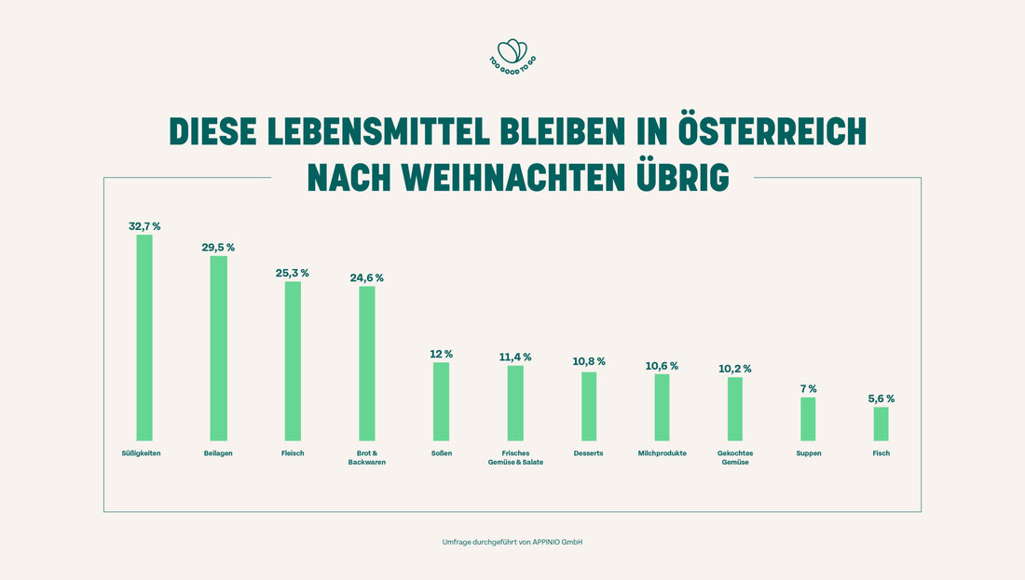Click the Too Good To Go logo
pos(512,55)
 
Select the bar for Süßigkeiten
pos(144,337)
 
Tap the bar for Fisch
pos(881,424)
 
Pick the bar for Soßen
pos(441,401)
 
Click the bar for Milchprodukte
pos(662,407)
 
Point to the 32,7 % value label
pos(144,226)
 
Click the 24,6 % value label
pos(366,277)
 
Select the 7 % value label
pos(808,388)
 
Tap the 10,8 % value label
pos(589,361)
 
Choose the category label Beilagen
pos(218,453)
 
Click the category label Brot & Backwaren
pos(366,457)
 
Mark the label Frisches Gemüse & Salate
pos(515,457)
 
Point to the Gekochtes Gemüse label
pos(735,457)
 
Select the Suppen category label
pos(808,453)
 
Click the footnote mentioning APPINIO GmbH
pos(512,542)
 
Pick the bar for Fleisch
pos(293,361)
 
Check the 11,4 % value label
pos(515,357)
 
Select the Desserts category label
pos(589,453)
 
